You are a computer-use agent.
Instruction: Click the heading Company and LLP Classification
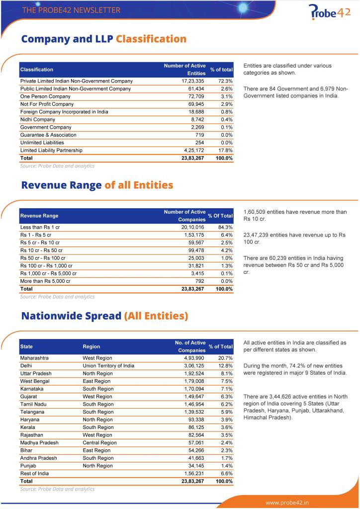coord(103,39)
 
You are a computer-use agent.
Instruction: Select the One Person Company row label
coord(45,96)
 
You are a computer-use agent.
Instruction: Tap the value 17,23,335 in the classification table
coord(193,81)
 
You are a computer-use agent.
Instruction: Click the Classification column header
coord(37,70)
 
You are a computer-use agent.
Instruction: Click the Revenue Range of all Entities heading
coord(97,185)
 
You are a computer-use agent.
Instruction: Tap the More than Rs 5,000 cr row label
coord(45,281)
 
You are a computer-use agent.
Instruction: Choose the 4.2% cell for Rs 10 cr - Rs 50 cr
coord(226,250)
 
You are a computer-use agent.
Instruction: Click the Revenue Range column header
coord(39,216)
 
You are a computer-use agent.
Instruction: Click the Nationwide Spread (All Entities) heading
coord(104,316)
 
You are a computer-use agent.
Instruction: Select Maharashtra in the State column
coord(34,358)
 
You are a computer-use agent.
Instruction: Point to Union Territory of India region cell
coord(108,365)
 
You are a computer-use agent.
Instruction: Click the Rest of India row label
coord(34,473)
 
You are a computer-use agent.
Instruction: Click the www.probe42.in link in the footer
coord(287,502)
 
